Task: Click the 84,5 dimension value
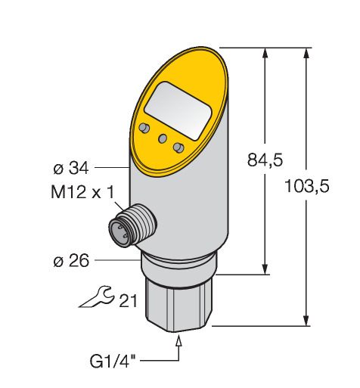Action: point(265,160)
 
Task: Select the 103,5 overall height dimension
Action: point(307,186)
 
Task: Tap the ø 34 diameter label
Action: point(71,168)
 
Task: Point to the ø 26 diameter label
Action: point(71,260)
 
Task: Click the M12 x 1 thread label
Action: point(82,192)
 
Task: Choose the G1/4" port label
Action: point(113,362)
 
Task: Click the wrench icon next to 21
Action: point(96,296)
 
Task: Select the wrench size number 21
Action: point(128,301)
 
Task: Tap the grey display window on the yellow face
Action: point(178,111)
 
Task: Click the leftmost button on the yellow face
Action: point(144,128)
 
